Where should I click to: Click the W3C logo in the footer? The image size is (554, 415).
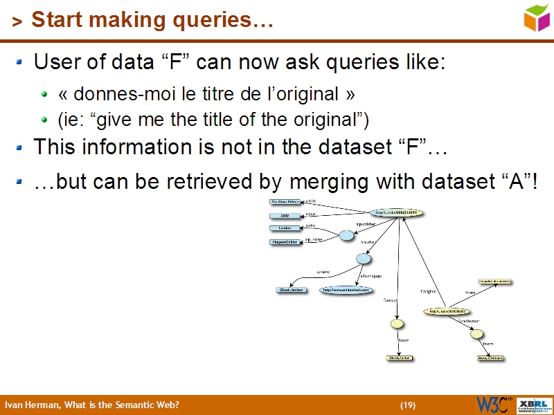493,405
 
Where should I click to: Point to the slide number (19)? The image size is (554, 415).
407,405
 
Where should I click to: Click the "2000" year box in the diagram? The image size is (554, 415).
284,216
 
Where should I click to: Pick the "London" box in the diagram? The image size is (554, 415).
285,228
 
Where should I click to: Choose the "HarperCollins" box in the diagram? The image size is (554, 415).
285,242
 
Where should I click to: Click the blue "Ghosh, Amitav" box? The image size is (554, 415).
291,290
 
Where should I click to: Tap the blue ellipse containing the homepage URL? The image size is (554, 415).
341,290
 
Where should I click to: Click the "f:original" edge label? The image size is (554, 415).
428,291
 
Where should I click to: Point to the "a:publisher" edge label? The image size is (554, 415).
366,225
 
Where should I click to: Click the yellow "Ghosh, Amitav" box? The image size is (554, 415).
400,358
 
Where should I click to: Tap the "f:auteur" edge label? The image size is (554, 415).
390,300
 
